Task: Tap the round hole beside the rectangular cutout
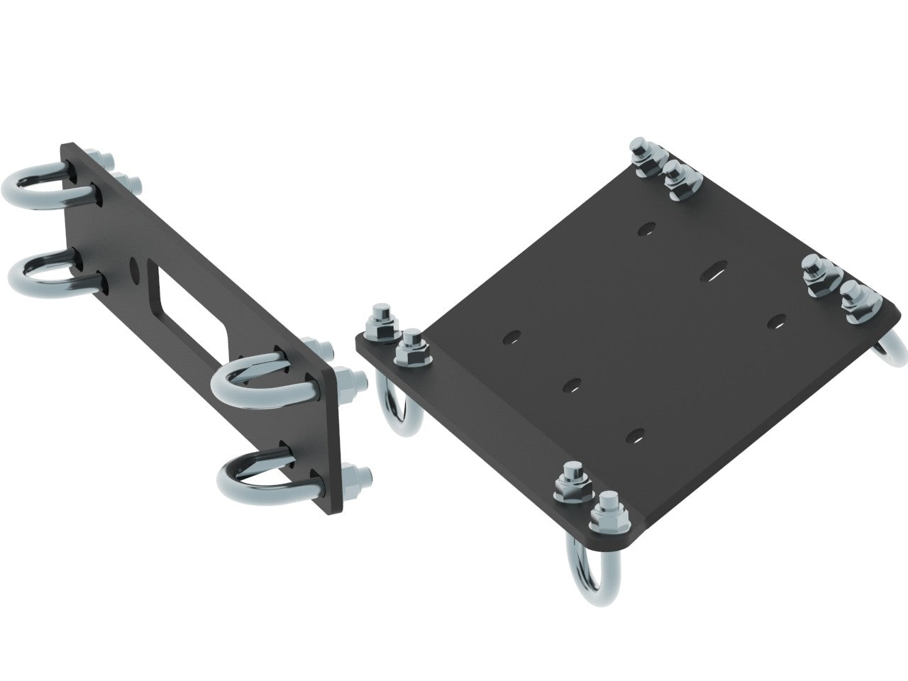[x=134, y=270]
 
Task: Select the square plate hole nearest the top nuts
[x=646, y=231]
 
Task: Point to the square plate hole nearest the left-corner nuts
[x=511, y=336]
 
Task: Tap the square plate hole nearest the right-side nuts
[x=777, y=321]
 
